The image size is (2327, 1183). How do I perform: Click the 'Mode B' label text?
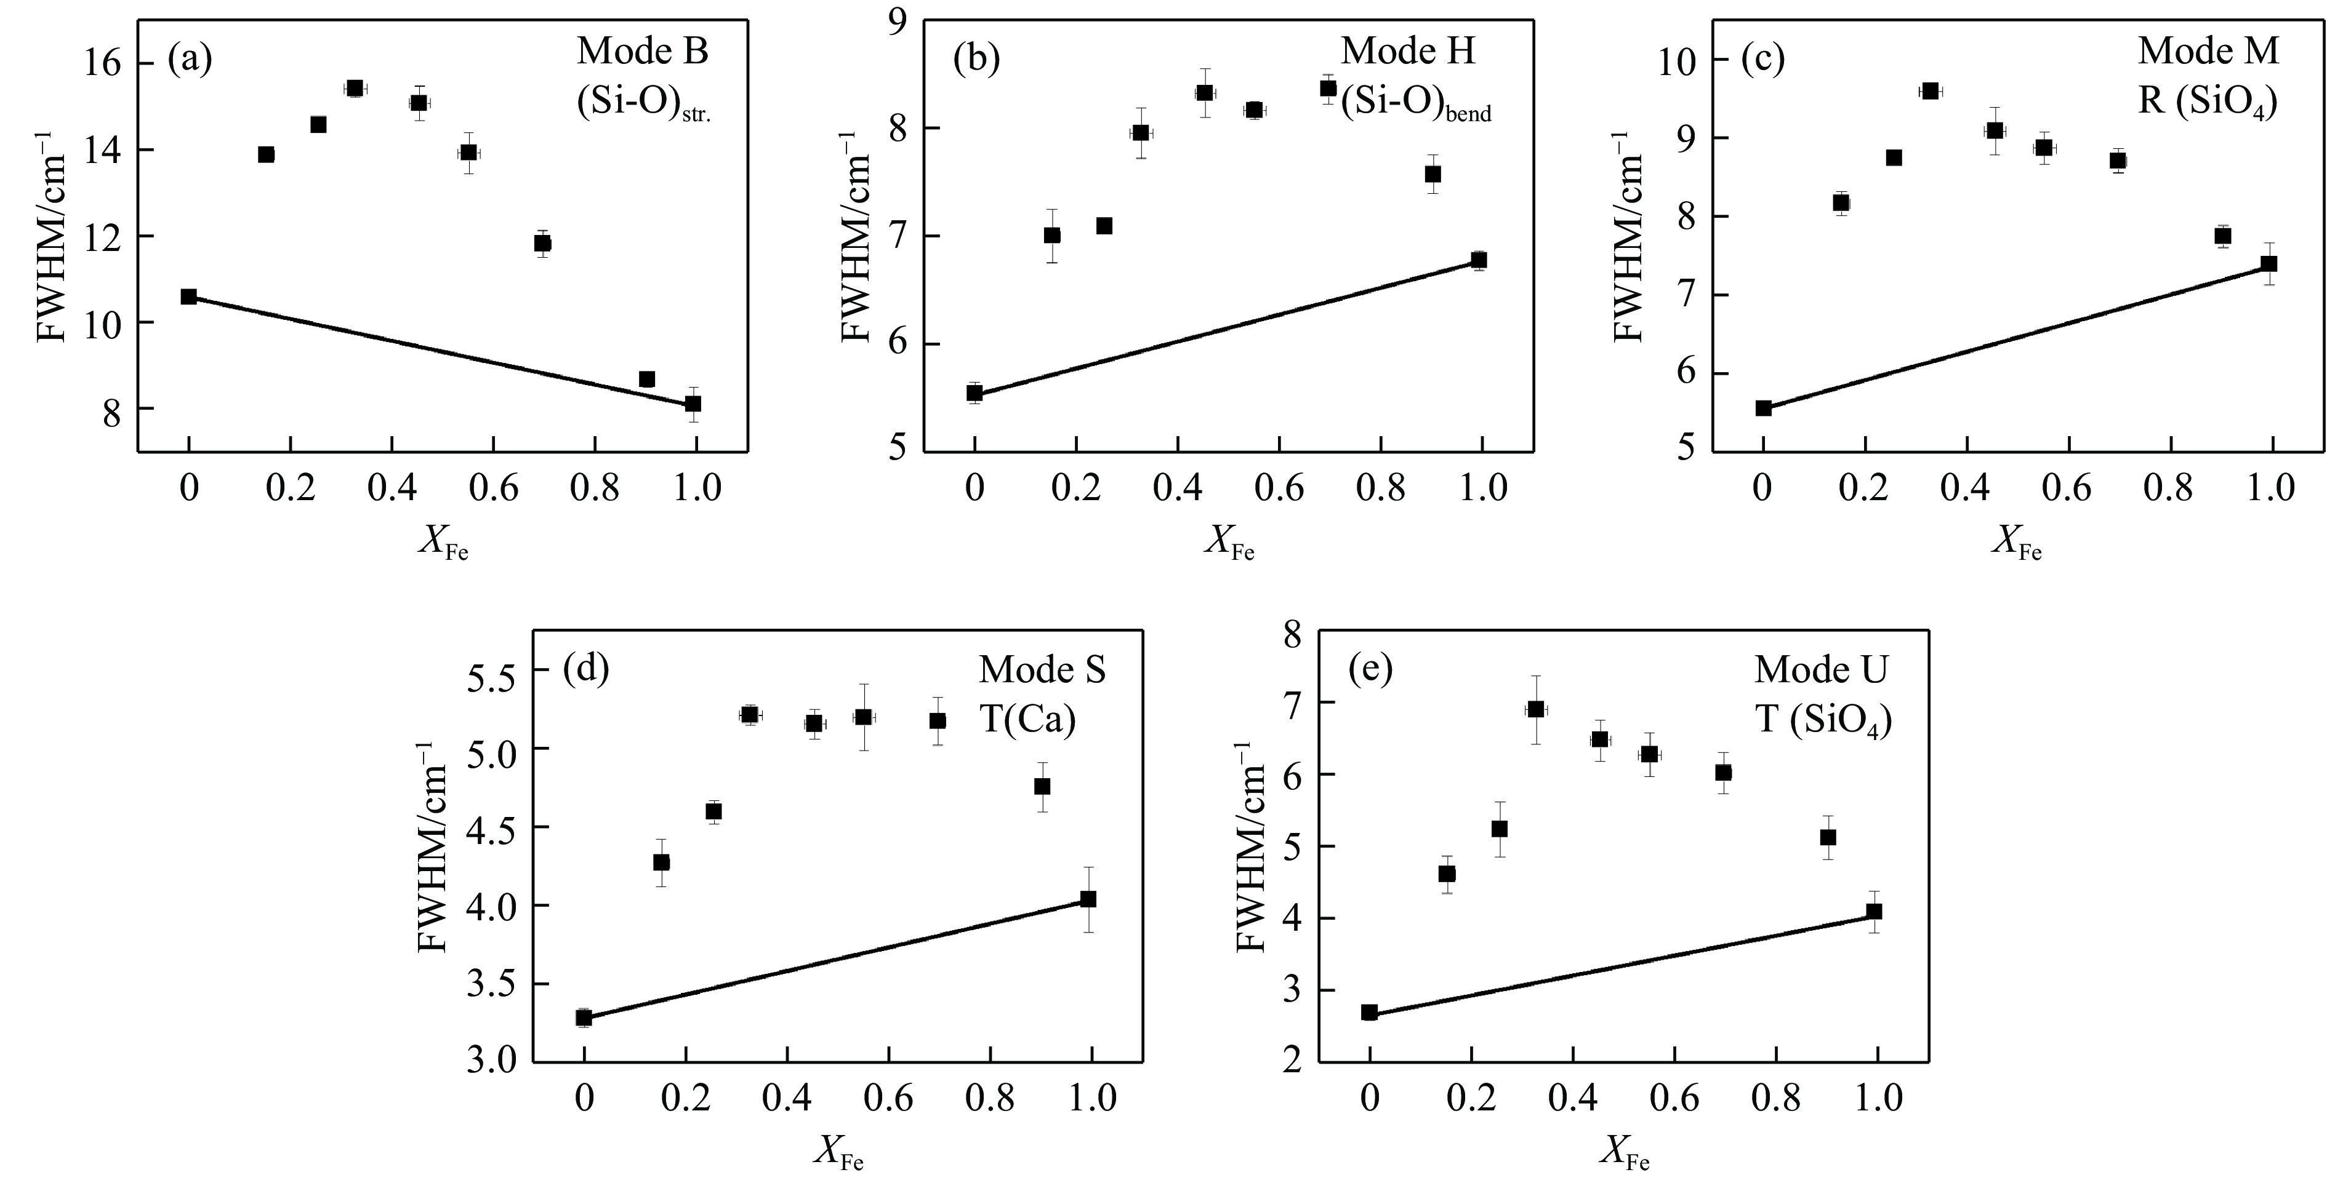coord(642,52)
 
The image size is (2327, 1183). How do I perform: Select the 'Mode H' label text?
coord(1407,52)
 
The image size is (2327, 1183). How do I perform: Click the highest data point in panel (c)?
coord(1929,91)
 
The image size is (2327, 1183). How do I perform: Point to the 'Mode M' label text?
coord(2208,52)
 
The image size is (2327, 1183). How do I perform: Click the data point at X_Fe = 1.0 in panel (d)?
coord(1088,899)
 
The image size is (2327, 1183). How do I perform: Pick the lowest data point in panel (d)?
coord(584,1018)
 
